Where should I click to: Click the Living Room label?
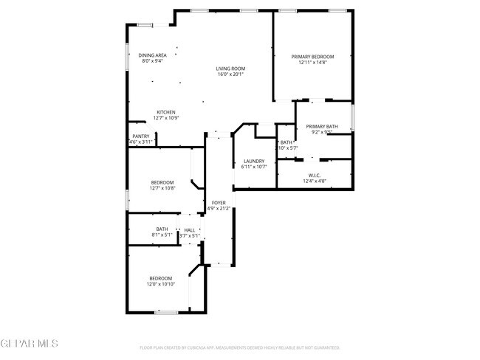click(x=231, y=69)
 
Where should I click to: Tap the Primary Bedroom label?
click(x=312, y=57)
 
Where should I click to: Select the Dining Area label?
click(x=153, y=55)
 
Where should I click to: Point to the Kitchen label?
click(x=165, y=112)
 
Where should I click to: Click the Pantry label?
click(x=140, y=136)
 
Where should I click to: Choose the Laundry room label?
click(x=253, y=161)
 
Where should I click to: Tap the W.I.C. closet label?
click(x=315, y=175)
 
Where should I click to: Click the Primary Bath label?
click(x=322, y=126)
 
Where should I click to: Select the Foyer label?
click(x=219, y=202)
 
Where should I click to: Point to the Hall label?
click(x=190, y=230)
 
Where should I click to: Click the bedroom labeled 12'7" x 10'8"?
click(x=162, y=182)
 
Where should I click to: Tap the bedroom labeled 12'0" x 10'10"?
click(x=160, y=278)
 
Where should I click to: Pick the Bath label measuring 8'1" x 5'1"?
click(x=162, y=229)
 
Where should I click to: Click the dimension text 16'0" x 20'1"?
click(x=231, y=75)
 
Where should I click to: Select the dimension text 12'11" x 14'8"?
click(x=312, y=63)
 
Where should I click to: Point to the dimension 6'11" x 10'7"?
click(x=253, y=167)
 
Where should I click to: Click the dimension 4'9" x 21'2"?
click(x=219, y=209)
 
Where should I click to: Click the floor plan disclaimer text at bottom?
click(x=240, y=347)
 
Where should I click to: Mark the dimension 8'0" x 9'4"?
click(x=152, y=61)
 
